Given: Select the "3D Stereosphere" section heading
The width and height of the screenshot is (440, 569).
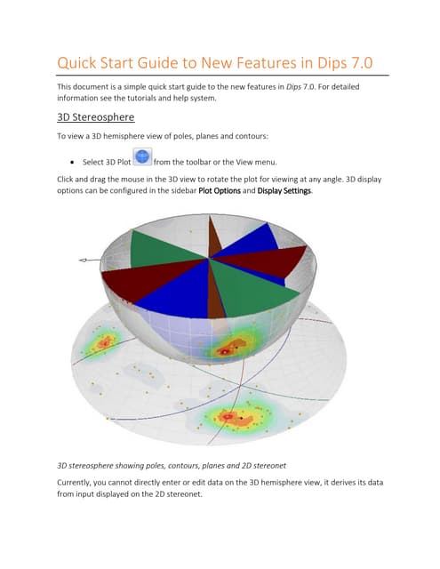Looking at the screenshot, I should click(103, 118).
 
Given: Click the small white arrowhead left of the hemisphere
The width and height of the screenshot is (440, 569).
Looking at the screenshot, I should click(83, 260).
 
